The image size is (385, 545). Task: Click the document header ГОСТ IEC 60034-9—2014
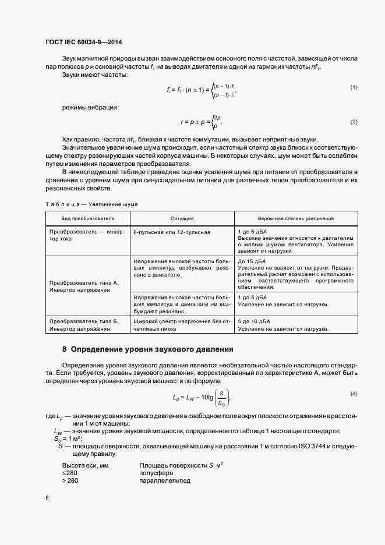point(83,42)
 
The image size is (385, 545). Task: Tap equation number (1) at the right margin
point(353,87)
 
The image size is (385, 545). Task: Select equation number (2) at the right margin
point(353,121)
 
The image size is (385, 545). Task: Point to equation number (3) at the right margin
point(353,394)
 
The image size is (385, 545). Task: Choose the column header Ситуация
point(182,218)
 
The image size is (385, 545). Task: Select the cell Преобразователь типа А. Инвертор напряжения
point(84,286)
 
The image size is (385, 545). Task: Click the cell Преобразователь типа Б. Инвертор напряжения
point(84,325)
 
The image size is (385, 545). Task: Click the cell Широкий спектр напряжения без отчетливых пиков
point(182,325)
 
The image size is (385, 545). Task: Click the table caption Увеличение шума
point(91,204)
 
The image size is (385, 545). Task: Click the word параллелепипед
point(165,482)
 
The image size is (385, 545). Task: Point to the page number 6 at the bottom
point(46,498)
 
